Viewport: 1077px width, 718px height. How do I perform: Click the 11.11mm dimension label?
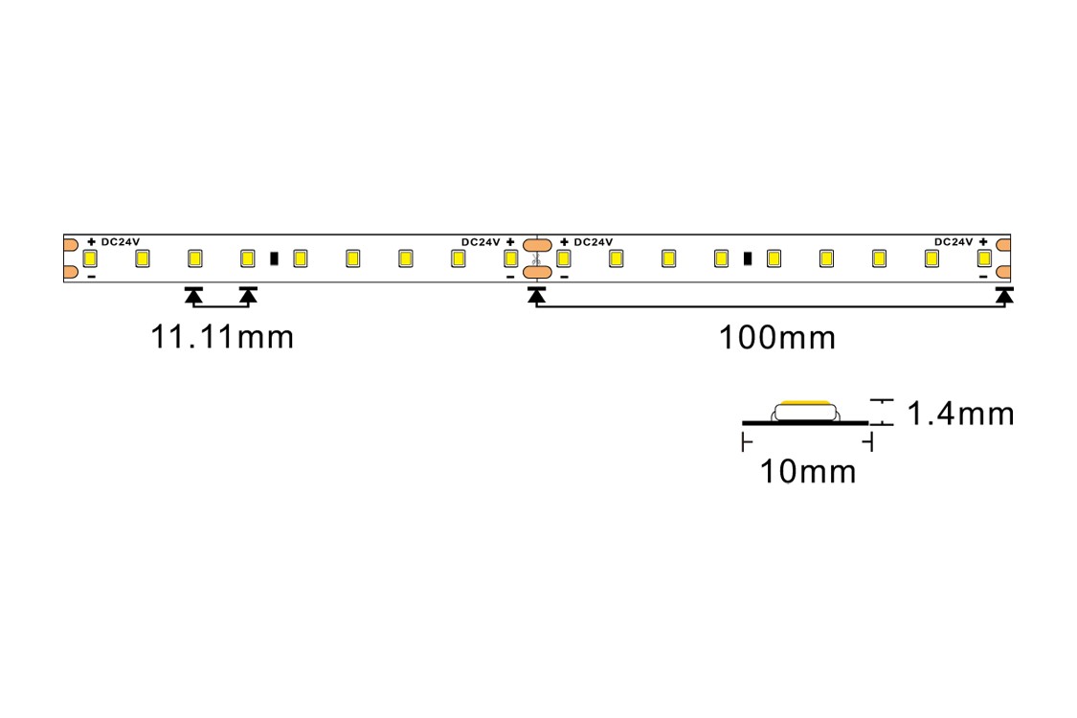pos(222,337)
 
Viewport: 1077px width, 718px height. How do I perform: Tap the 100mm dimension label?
pos(776,338)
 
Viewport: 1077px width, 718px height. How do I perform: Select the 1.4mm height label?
pos(960,414)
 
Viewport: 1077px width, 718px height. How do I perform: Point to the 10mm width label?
pos(808,472)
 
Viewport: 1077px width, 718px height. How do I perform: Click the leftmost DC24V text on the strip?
pos(121,242)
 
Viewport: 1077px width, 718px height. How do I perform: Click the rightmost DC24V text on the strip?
pos(954,242)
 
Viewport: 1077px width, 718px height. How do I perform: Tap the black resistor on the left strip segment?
pos(274,258)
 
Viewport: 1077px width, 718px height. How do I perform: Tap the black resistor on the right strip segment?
pos(748,258)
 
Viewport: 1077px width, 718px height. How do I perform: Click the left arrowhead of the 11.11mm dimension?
pos(194,296)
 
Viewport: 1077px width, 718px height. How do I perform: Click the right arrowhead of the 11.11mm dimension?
pos(248,296)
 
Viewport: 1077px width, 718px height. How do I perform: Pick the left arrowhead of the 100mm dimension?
pos(536,296)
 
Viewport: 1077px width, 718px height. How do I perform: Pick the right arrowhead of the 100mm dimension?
pos(1004,296)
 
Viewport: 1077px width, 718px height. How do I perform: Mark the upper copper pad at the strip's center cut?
pos(537,245)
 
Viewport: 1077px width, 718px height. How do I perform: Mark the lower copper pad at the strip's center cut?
pos(537,273)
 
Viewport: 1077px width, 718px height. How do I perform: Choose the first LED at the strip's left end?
pos(90,258)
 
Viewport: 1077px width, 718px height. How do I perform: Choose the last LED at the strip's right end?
pos(984,258)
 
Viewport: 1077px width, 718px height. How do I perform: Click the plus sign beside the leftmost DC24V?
pos(91,242)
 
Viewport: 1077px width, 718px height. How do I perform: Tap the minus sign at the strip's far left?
pos(91,277)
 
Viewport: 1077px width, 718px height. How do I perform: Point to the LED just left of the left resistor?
pos(248,258)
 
